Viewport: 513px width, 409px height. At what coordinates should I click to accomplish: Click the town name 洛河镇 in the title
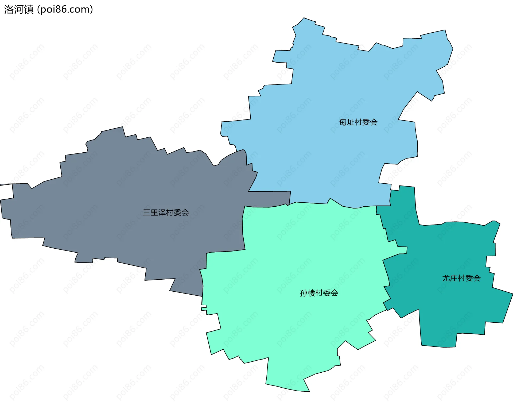[19, 9]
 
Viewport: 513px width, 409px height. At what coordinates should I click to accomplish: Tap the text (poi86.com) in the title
[65, 9]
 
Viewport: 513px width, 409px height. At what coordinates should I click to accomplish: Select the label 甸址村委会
[358, 122]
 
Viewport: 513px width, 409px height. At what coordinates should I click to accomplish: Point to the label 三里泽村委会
[166, 213]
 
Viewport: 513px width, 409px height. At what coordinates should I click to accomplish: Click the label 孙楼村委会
[319, 293]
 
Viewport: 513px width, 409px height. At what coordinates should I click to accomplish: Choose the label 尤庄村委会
[461, 278]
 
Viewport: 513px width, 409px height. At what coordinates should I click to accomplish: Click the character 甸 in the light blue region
[343, 122]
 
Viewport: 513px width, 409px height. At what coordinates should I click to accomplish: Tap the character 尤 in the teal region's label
[446, 278]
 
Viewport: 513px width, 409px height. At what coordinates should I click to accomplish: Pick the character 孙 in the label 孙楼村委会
[304, 293]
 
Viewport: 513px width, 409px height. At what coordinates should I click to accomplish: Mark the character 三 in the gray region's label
[147, 213]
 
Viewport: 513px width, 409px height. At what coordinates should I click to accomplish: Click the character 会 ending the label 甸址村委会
[374, 122]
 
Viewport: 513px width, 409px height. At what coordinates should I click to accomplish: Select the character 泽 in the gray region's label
[162, 213]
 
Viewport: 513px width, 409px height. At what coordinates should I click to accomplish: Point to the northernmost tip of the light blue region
[304, 18]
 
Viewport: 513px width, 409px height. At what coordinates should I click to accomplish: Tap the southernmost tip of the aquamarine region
[309, 391]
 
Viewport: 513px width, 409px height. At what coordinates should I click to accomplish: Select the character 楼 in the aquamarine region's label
[311, 293]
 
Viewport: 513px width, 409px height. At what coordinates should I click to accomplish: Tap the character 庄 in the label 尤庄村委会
[454, 278]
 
